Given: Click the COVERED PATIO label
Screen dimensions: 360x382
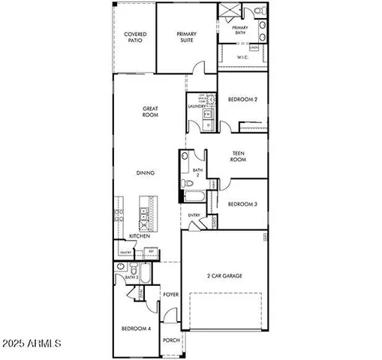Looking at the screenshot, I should click(x=134, y=37).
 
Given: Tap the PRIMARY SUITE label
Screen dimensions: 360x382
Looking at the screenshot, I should click(x=186, y=37).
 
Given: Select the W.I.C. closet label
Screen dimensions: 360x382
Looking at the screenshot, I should click(x=242, y=57).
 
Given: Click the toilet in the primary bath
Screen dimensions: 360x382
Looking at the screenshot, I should click(x=257, y=11).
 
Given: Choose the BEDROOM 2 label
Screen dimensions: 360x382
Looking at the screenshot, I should click(x=242, y=99).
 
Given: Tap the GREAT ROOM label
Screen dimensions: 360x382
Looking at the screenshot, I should click(x=150, y=112).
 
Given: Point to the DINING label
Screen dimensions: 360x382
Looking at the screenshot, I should click(x=146, y=173).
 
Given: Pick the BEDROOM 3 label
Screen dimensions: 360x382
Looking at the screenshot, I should click(x=242, y=204).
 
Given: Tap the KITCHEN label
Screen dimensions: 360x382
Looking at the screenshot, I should click(x=140, y=236).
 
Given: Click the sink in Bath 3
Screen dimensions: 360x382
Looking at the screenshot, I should click(x=120, y=267).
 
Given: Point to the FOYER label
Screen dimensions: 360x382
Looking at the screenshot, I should click(x=171, y=294).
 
